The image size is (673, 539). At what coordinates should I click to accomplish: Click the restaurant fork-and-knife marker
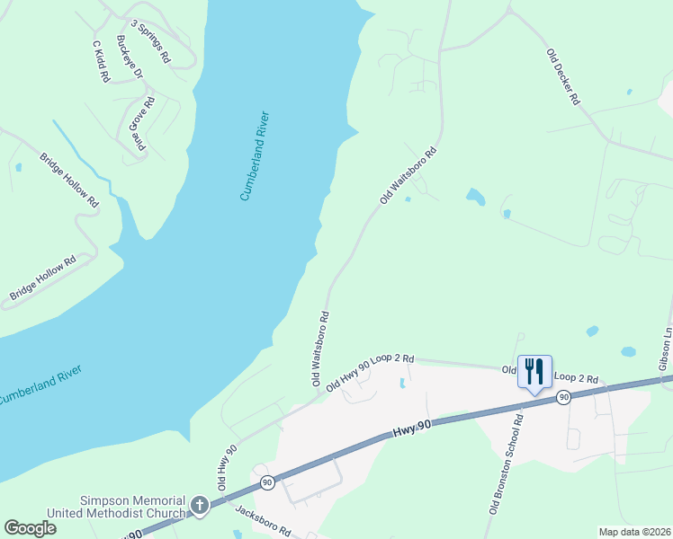pyautogui.click(x=534, y=371)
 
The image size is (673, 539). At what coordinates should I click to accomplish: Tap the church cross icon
pyautogui.click(x=199, y=506)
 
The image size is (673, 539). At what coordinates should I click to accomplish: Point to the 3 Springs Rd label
pyautogui.click(x=150, y=40)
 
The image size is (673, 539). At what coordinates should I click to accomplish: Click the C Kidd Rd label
pyautogui.click(x=100, y=61)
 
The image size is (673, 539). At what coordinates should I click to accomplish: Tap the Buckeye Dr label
pyautogui.click(x=130, y=57)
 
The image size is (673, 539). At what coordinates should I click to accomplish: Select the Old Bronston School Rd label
pyautogui.click(x=506, y=464)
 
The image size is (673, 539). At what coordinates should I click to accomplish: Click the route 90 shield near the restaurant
pyautogui.click(x=563, y=397)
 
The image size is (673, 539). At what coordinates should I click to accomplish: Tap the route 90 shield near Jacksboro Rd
pyautogui.click(x=267, y=482)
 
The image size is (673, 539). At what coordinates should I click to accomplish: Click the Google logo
pyautogui.click(x=31, y=527)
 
